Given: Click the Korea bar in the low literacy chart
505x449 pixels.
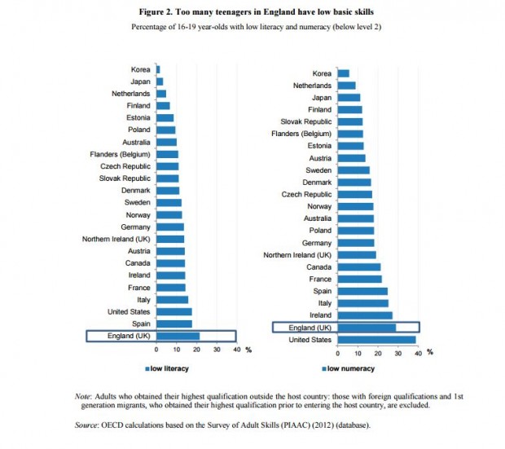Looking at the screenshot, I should (158, 69).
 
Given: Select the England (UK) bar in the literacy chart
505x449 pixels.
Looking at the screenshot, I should (178, 336).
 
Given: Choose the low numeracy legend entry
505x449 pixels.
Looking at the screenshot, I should (349, 368).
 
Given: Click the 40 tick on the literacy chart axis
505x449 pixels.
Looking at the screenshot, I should (236, 350).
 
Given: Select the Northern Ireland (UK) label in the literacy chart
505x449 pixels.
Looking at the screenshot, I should (116, 239).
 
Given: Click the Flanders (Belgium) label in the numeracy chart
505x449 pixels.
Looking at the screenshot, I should (301, 134).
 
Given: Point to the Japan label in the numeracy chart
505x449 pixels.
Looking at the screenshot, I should (320, 97).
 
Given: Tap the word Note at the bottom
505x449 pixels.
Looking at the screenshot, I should (82, 395).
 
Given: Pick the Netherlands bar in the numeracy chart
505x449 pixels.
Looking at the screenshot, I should (346, 85).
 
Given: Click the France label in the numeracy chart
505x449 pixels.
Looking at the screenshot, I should (320, 279).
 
